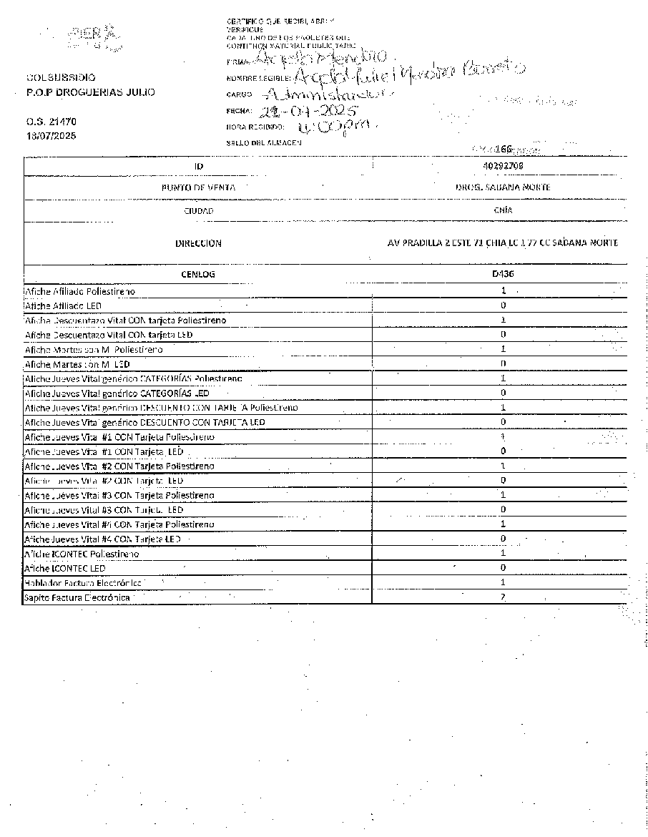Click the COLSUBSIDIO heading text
(x=61, y=77)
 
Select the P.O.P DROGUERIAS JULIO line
(x=89, y=92)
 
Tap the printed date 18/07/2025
(x=51, y=135)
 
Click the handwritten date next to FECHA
(x=303, y=112)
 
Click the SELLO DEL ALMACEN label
(x=263, y=142)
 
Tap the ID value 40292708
(x=503, y=165)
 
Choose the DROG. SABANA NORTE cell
(x=503, y=187)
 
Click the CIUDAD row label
(x=199, y=212)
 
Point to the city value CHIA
(x=503, y=211)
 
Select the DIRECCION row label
(x=199, y=243)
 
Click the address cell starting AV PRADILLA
(x=503, y=243)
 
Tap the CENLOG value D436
(x=503, y=274)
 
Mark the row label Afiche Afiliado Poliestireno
(x=79, y=292)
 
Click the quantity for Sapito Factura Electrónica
(x=504, y=597)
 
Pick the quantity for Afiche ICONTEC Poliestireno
(x=504, y=553)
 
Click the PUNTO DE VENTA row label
(x=199, y=187)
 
